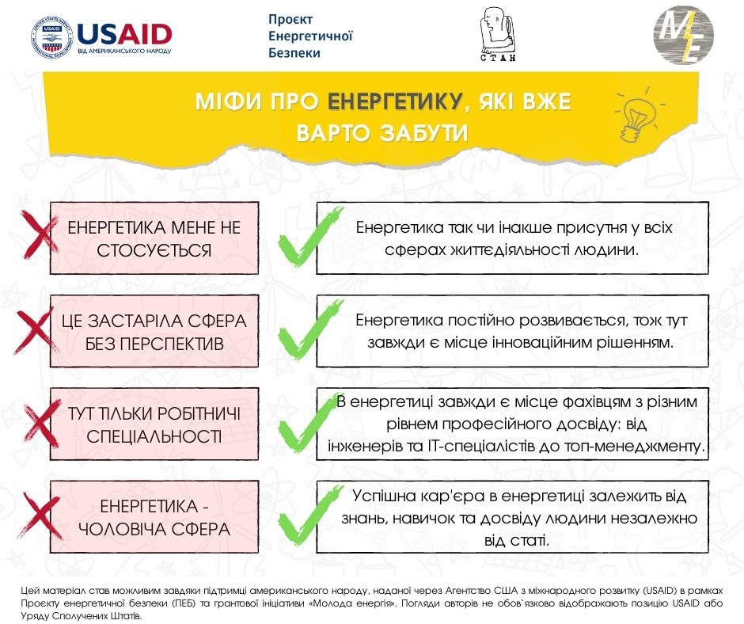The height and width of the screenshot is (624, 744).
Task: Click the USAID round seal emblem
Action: pos(49,36)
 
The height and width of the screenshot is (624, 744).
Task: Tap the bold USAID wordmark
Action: pos(125,32)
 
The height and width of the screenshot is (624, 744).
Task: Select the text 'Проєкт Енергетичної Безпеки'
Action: pos(310,36)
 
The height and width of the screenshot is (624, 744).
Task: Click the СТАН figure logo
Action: pos(498,35)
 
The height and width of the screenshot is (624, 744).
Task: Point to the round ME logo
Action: pos(682,35)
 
